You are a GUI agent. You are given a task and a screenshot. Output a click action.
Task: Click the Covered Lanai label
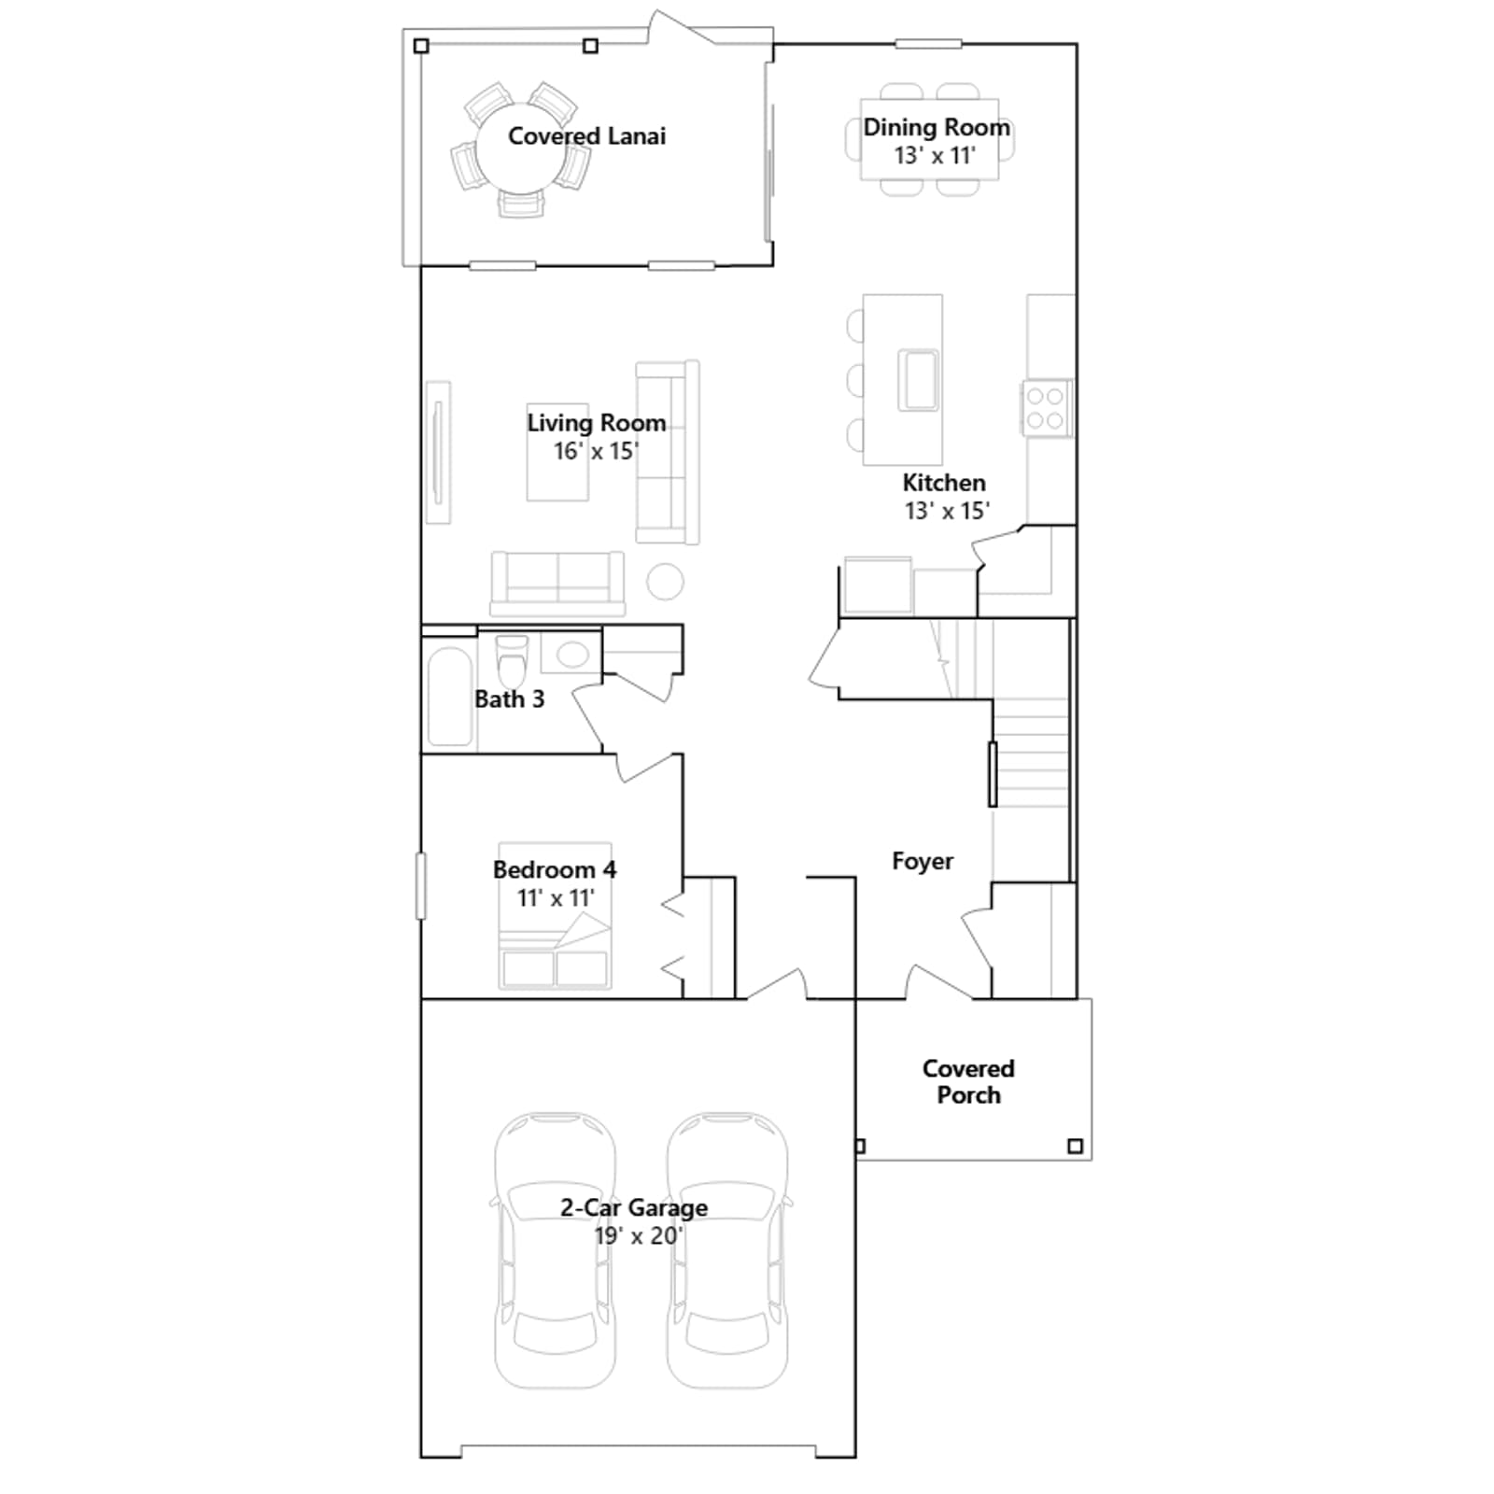(x=586, y=136)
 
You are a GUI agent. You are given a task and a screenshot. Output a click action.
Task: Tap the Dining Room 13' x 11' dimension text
(x=935, y=156)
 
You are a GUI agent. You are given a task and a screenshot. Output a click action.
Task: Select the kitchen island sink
(x=918, y=380)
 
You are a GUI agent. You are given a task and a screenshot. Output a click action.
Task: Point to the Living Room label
(x=596, y=423)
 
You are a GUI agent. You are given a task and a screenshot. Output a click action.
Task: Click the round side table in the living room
(x=665, y=582)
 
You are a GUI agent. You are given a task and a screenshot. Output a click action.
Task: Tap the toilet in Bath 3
(x=512, y=660)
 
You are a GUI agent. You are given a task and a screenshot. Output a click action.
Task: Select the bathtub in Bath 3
(x=449, y=697)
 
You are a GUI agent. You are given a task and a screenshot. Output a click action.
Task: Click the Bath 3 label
(x=509, y=699)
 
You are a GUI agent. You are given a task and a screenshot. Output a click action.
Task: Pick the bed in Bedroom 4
(x=555, y=916)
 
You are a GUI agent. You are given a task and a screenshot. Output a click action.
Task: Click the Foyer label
(x=923, y=861)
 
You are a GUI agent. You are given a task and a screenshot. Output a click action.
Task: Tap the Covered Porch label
(x=968, y=1082)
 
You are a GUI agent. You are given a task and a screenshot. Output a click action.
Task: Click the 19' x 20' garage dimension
(x=639, y=1236)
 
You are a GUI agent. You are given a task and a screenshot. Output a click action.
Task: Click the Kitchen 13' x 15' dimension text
(x=947, y=511)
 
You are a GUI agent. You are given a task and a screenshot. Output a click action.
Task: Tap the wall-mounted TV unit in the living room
(x=438, y=453)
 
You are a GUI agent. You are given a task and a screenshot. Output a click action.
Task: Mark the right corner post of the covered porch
(x=1075, y=1146)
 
